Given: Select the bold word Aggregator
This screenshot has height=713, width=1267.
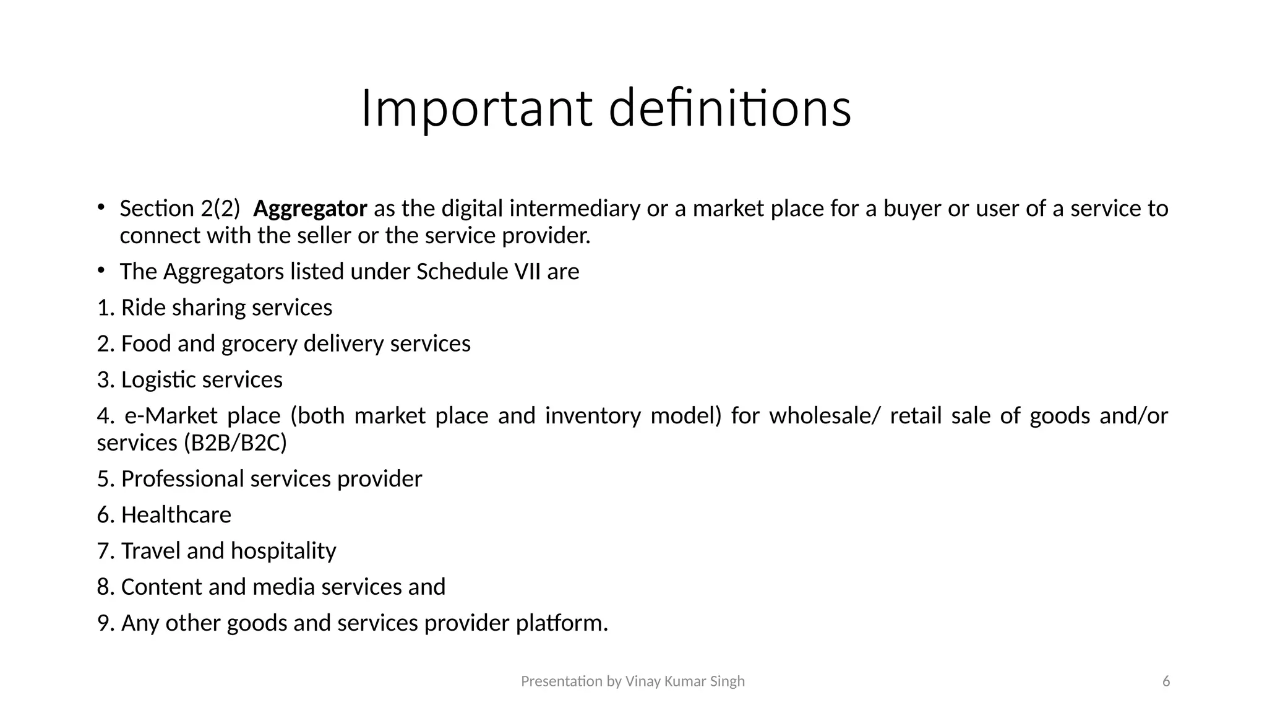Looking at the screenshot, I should (310, 209).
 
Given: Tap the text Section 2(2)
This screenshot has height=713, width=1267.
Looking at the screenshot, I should (179, 209).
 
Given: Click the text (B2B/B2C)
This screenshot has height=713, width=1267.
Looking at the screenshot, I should (235, 443).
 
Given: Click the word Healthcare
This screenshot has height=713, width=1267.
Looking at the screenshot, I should (176, 515).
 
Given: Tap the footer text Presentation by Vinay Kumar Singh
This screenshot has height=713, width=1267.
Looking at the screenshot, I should (633, 681).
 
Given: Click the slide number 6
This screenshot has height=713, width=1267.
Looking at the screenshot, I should (1166, 681).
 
